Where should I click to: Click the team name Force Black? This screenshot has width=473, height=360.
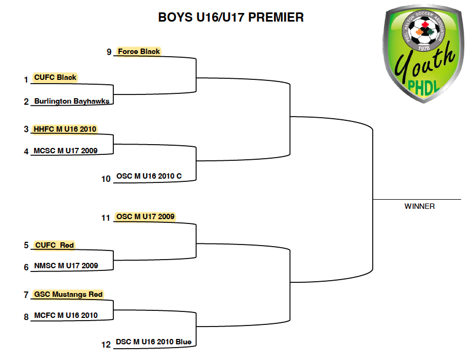click(139, 52)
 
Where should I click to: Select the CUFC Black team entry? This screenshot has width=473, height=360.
click(55, 78)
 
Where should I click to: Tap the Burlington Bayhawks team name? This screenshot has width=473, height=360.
click(72, 101)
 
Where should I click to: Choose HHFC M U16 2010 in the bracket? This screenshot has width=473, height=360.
click(65, 129)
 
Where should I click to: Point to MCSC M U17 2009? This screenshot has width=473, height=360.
click(65, 151)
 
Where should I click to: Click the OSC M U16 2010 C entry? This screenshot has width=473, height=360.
click(149, 176)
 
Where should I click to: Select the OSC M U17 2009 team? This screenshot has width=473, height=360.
click(146, 216)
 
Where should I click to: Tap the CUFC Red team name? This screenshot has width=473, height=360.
click(54, 245)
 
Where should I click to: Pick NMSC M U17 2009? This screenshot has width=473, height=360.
click(66, 266)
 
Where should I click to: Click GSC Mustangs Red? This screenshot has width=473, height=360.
click(68, 294)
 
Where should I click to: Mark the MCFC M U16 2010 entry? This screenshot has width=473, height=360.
click(66, 315)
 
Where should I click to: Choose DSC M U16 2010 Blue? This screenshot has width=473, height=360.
click(154, 342)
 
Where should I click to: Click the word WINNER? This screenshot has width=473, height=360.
click(420, 206)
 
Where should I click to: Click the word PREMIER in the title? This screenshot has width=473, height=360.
click(276, 17)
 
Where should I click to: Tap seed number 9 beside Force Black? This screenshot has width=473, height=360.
click(109, 52)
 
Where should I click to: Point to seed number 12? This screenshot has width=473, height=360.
click(106, 344)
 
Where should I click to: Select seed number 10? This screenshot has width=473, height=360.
click(106, 179)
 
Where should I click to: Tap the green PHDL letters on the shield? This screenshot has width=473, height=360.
click(423, 88)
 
